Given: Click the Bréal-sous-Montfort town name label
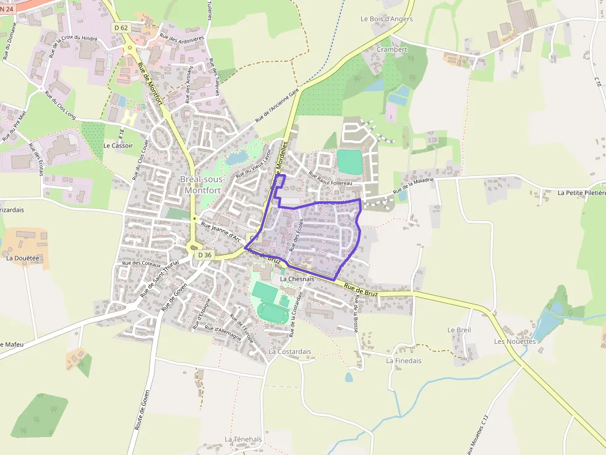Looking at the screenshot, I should (202, 184).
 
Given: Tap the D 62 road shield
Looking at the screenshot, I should (121, 28).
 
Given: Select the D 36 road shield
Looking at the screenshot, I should (205, 254).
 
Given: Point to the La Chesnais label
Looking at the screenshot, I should (297, 279).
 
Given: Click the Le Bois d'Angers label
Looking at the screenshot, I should (386, 19).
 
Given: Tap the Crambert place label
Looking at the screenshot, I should (392, 49).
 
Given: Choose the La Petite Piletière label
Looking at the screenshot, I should (581, 193).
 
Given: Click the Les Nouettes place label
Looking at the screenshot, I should (514, 341).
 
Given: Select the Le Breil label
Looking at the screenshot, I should (459, 330).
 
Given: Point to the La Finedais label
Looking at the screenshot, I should (403, 361).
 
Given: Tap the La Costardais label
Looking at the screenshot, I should (290, 352).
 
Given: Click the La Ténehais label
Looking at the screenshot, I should (243, 440).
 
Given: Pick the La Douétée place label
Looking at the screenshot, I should (22, 257).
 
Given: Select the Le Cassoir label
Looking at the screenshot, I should (115, 146).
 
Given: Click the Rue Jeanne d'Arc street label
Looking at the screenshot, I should (220, 231).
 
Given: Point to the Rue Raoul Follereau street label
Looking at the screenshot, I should (330, 179).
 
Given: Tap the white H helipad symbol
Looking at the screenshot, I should (129, 117).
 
